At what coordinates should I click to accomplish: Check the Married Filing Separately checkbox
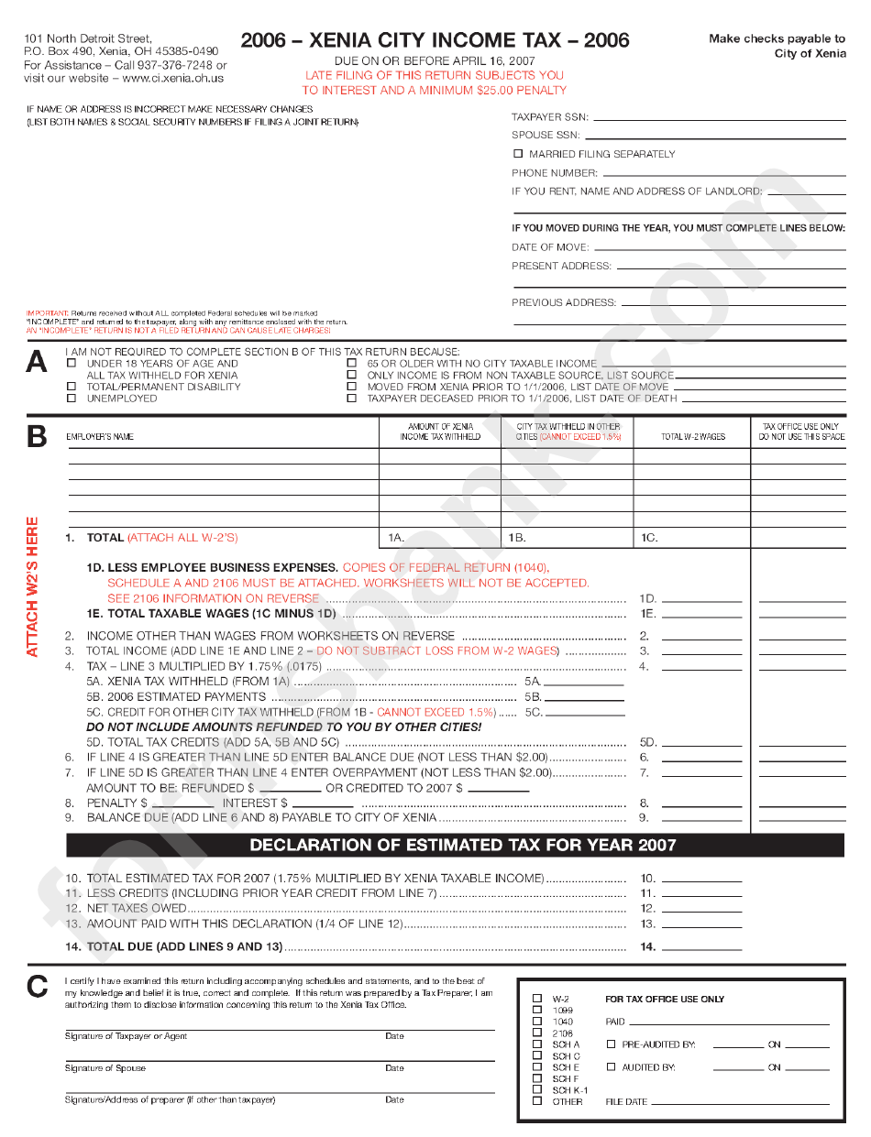518,154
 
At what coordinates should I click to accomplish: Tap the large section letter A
37,363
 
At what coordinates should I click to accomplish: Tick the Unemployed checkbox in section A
72,399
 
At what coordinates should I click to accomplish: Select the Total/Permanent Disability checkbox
72,387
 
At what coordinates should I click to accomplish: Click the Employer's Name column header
100,437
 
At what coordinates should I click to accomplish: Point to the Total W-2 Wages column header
692,437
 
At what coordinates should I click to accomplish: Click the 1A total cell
440,538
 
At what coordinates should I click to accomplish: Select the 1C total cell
692,538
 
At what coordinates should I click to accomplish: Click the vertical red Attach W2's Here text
32,586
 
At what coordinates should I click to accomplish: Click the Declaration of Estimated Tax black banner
455,845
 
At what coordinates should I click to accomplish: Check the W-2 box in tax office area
537,999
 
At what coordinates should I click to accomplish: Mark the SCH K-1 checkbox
537,1090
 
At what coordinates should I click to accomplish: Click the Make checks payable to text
777,38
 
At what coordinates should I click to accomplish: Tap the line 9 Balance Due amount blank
701,819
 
